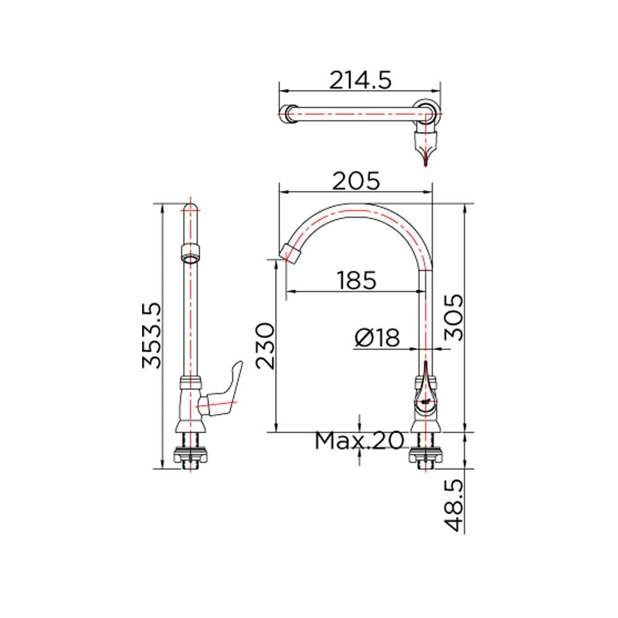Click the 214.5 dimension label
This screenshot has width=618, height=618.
click(360, 80)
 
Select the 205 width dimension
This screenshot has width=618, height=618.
click(356, 181)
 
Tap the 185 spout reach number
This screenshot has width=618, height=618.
click(357, 280)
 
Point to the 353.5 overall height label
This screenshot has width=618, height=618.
click(152, 336)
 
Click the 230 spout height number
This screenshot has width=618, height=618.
click(265, 346)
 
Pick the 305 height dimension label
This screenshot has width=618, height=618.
click(454, 318)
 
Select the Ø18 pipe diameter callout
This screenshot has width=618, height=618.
click(377, 338)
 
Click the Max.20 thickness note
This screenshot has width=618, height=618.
click(360, 440)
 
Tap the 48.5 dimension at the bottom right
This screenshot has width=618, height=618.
click(454, 506)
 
